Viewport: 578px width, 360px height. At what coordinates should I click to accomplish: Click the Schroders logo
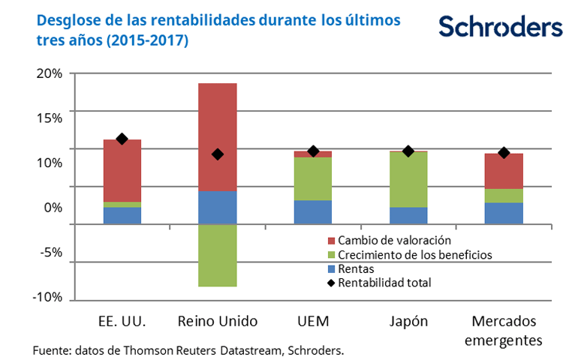500,27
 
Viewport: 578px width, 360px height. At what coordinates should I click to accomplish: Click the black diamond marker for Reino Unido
218,154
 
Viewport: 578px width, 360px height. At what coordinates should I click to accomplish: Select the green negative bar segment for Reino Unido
218,255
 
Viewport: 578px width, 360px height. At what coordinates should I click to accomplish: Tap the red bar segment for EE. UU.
122,170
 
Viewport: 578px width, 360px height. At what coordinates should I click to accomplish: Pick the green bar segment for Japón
408,179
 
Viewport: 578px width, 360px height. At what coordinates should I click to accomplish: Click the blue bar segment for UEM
313,211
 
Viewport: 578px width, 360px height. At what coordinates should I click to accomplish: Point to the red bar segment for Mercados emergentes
504,171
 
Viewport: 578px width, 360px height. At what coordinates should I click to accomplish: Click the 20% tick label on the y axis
47,73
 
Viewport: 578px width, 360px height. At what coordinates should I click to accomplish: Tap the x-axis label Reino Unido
218,322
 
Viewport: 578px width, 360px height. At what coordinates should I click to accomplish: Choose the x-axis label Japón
408,322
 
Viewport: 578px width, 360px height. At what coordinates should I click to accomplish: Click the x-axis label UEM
313,322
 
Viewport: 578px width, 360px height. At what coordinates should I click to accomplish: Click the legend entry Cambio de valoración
394,241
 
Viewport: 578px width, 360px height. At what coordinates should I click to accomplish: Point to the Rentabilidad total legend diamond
331,283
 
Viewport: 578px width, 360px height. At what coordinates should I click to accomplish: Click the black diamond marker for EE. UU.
122,139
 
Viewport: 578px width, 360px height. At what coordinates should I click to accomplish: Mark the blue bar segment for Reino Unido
218,208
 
